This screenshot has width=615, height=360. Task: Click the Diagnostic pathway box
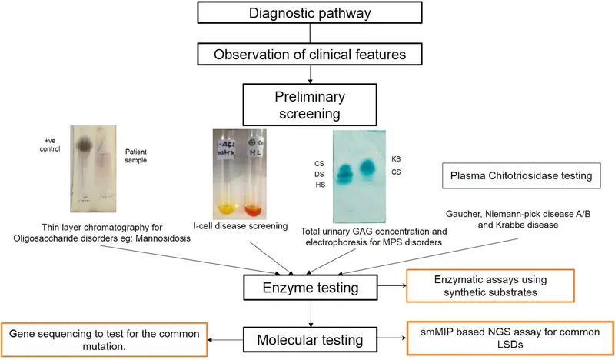(x=310, y=13)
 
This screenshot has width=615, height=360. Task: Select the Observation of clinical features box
(x=310, y=54)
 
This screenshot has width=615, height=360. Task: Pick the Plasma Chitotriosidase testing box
(x=520, y=176)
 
